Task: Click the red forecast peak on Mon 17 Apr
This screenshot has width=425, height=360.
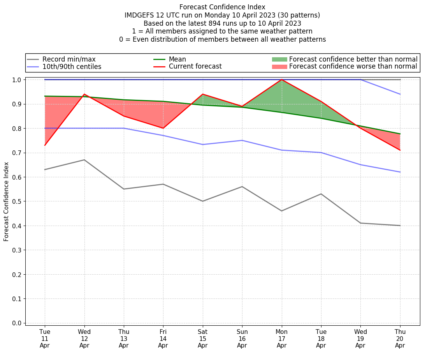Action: coord(281,79)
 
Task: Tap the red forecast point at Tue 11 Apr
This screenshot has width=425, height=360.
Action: coord(45,145)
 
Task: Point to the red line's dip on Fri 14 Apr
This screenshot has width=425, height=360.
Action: coord(163,128)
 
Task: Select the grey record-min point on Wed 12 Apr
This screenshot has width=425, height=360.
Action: coord(84,160)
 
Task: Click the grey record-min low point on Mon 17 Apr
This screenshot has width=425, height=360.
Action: coord(281,211)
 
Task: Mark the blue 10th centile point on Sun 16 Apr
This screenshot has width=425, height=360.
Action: coord(242,140)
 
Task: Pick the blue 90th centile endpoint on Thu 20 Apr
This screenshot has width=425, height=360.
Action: coord(400,94)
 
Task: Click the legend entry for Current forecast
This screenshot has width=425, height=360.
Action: coord(195,67)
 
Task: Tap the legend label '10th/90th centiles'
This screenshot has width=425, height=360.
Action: coord(72,67)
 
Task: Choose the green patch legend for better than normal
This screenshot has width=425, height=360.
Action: coord(279,59)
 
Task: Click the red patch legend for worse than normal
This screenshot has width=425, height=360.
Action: coord(279,67)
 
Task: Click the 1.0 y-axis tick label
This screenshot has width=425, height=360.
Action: coord(18,79)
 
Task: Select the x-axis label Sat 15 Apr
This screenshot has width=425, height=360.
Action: coord(203,338)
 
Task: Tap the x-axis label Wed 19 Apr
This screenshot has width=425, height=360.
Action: coord(360,338)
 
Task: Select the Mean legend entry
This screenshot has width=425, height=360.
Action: coord(177,59)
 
